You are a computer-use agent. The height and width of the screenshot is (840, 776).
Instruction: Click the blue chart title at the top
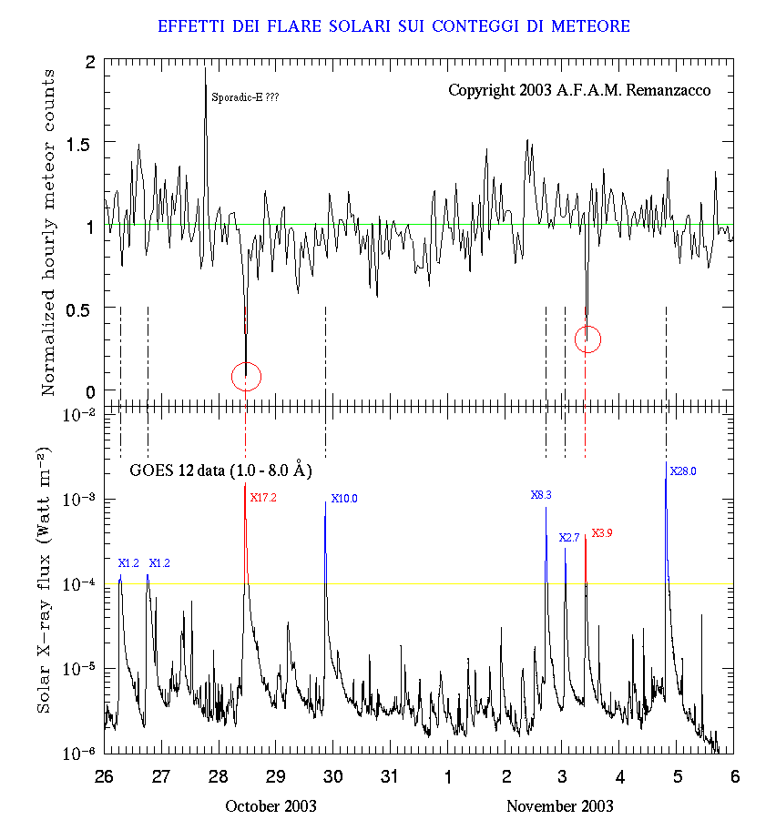pyautogui.click(x=393, y=26)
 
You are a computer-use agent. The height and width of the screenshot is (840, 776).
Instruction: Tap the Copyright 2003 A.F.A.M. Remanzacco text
pyautogui.click(x=579, y=91)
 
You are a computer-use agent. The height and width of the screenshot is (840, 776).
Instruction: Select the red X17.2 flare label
pyautogui.click(x=263, y=498)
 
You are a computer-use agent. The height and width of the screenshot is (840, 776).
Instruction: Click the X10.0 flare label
pyautogui.click(x=344, y=499)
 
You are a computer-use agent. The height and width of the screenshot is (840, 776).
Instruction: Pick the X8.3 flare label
pyautogui.click(x=541, y=495)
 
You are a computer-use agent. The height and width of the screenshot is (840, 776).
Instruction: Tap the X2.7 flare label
pyautogui.click(x=569, y=538)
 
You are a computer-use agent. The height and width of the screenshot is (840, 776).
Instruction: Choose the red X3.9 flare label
pyautogui.click(x=602, y=533)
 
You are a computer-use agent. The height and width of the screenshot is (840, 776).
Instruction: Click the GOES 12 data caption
pyautogui.click(x=220, y=471)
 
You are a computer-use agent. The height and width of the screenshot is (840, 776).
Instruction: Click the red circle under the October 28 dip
pyautogui.click(x=246, y=375)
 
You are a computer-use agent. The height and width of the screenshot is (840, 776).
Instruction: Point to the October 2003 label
pyautogui.click(x=271, y=806)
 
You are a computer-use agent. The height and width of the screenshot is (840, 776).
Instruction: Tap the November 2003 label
pyautogui.click(x=559, y=806)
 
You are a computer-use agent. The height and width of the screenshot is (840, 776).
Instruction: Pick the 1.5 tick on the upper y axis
pyautogui.click(x=82, y=143)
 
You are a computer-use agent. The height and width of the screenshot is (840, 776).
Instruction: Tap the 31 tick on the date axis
pyautogui.click(x=390, y=776)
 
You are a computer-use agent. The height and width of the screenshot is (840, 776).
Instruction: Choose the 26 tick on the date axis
pyautogui.click(x=105, y=776)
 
